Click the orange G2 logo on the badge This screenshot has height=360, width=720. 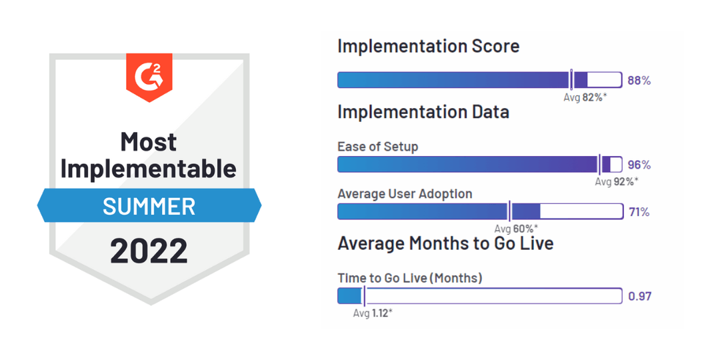tap(149, 76)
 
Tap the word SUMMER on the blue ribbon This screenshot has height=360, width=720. tap(149, 207)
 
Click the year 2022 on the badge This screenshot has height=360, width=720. tap(149, 251)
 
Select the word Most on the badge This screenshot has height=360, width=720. tap(149, 142)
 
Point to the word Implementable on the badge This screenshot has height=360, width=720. tap(149, 169)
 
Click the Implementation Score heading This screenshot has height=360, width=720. tap(429, 46)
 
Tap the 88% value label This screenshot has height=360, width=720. tap(639, 81)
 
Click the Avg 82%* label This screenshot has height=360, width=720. tap(585, 97)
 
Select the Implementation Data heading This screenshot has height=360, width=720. tap(423, 112)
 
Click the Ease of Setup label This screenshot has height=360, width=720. tap(378, 147)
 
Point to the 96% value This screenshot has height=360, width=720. tap(639, 165)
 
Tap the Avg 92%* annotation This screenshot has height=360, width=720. tap(617, 181)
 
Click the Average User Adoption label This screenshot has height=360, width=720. tap(405, 194)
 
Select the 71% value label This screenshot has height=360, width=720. tap(639, 212)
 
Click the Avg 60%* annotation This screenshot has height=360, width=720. tap(516, 229)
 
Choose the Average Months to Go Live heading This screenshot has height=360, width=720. tap(445, 243)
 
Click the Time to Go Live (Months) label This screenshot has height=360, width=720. tap(410, 278)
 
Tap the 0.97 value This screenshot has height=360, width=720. tap(639, 296)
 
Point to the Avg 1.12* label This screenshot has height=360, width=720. tap(373, 313)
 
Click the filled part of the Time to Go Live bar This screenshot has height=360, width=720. tap(350, 296)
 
